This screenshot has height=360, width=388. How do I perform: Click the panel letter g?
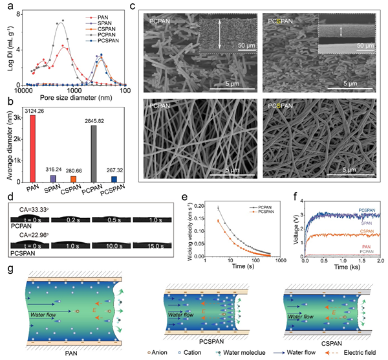coord(8,269)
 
